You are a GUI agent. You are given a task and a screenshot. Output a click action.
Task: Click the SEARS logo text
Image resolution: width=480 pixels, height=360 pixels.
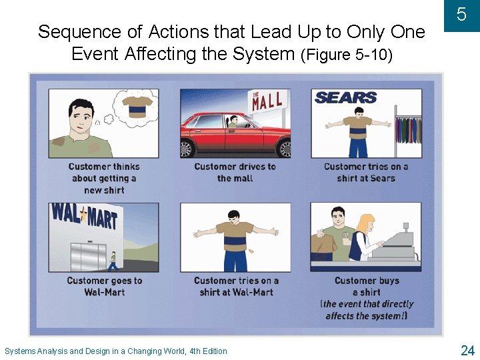pos(345,97)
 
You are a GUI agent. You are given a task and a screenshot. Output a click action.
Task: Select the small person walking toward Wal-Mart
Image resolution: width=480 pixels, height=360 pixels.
pos(113,261)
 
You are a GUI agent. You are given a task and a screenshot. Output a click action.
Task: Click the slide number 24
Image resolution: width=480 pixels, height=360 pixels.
pos(467,351)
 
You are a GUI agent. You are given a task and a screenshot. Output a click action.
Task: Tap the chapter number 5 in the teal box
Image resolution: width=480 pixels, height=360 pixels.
pos(461,15)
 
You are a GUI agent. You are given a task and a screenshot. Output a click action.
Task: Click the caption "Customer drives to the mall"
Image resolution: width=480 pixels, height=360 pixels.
pos(235,173)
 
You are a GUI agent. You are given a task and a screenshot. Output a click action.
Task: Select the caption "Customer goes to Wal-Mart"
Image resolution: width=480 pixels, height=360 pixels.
pos(104,286)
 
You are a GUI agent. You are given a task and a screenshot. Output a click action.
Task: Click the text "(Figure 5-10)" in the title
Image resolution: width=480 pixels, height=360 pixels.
pos(347,55)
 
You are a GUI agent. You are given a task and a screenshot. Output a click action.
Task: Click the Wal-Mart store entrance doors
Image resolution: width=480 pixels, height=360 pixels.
pos(88,256)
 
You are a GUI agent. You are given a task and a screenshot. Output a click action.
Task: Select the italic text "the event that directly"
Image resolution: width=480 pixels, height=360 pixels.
pos(367,304)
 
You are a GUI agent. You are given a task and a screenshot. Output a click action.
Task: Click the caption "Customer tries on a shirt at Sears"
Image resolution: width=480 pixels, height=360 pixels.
pos(366,173)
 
